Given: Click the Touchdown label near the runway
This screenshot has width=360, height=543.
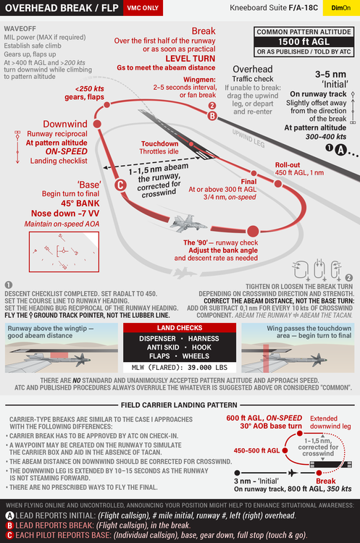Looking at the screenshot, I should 159,143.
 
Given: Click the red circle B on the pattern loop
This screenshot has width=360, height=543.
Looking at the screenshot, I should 212,115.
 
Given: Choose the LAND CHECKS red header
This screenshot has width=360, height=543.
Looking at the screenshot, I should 180,327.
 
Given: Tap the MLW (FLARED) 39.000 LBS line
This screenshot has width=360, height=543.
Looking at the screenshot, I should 180,367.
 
